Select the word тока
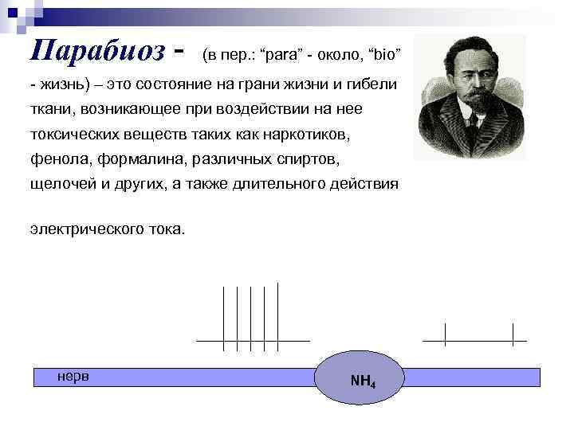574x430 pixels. click(164, 229)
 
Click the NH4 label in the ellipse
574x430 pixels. click(363, 381)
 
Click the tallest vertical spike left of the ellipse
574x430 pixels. click(277, 315)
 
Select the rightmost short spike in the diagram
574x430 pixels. click(513, 334)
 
